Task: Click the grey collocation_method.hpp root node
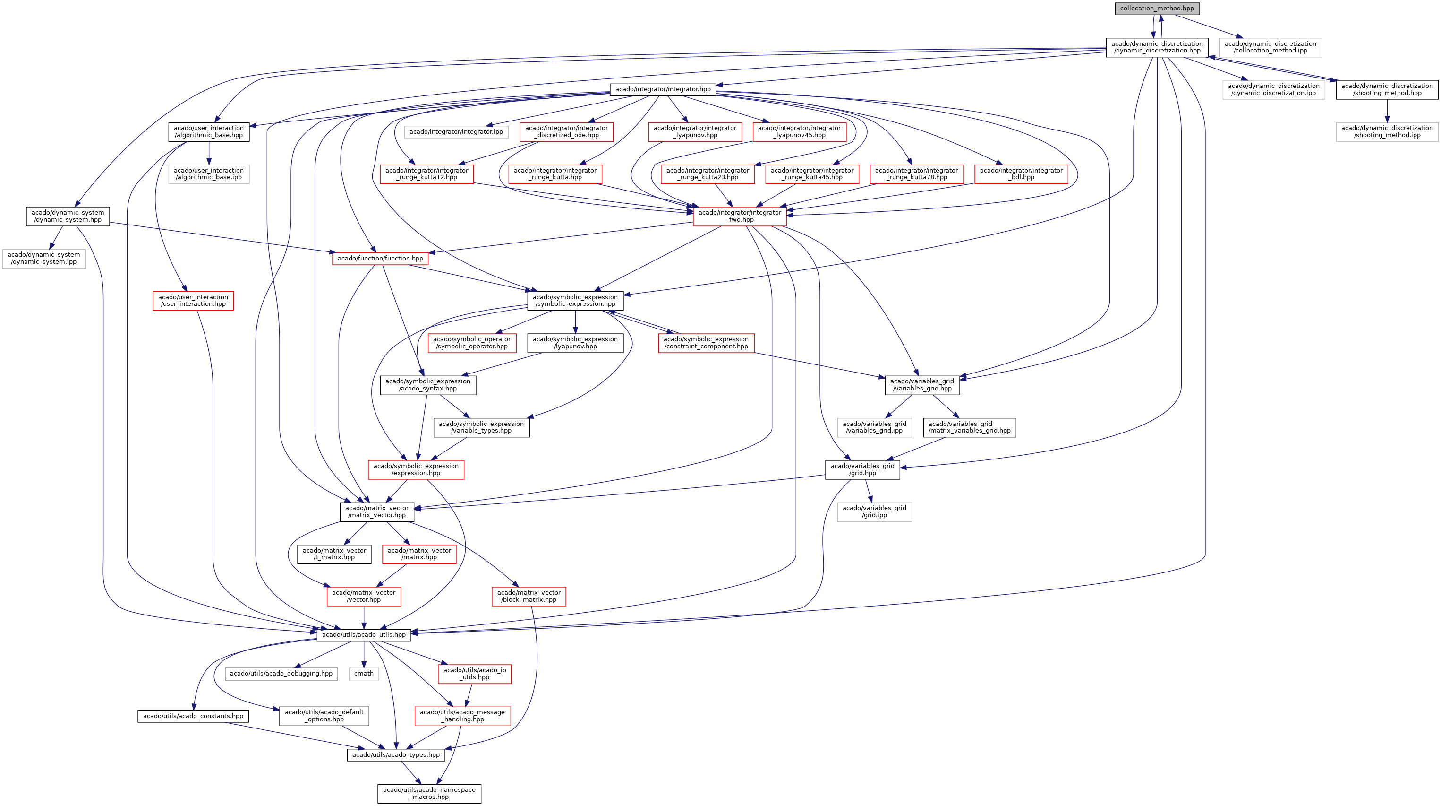(1156, 9)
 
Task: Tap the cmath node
(364, 673)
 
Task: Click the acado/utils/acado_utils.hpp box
(364, 635)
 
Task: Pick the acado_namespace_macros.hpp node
(429, 793)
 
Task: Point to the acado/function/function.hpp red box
(380, 258)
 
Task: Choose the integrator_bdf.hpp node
(1021, 173)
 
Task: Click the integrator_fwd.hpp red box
(740, 216)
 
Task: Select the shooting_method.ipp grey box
(1387, 131)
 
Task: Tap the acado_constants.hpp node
(193, 716)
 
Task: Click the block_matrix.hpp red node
(529, 596)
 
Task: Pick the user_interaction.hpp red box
(193, 301)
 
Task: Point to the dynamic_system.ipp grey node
(43, 258)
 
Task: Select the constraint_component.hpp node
(706, 343)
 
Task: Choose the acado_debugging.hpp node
(281, 673)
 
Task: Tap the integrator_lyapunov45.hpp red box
(799, 131)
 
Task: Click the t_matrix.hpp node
(334, 554)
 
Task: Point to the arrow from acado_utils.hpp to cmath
(364, 654)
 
